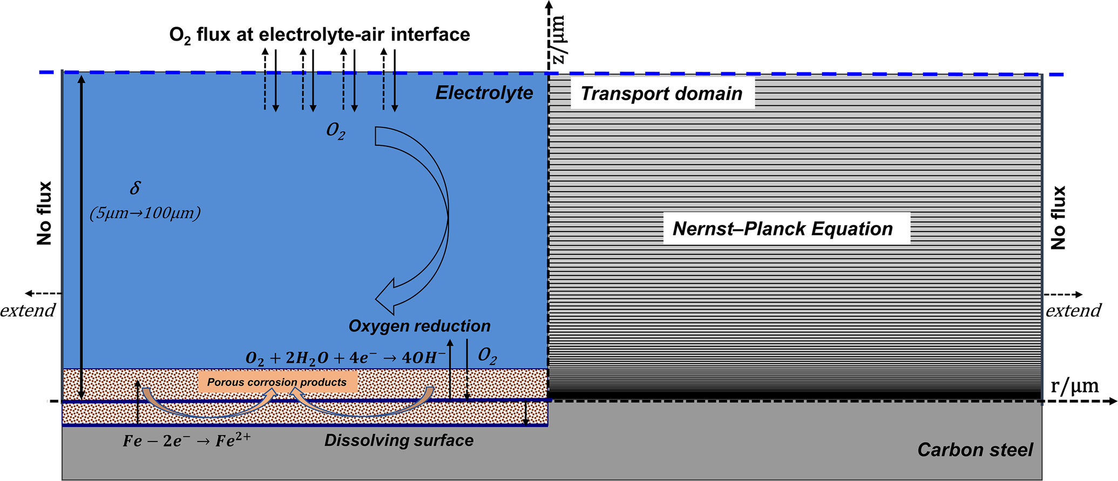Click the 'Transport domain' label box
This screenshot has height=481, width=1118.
pos(662,93)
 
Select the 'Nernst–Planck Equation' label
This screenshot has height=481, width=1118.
pos(783,228)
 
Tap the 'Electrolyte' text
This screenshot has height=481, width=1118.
pos(484,93)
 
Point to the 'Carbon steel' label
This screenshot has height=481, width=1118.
pos(975,450)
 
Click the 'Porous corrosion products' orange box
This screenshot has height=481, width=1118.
pos(277,382)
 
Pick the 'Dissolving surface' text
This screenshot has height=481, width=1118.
pos(398,441)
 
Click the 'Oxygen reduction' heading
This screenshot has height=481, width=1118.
pos(419,326)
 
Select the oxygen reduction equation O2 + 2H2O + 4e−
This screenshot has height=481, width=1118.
pos(345,358)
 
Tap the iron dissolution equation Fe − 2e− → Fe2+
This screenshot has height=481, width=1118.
pos(186,441)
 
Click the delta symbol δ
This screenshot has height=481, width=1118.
pos(135,188)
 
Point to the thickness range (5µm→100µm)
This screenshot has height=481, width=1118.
pos(145,213)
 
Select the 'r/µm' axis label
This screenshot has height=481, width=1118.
pos(1074,386)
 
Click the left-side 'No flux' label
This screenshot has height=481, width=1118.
pos(44,213)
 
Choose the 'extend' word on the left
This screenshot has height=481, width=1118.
pos(28,310)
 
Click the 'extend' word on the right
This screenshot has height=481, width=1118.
pos(1073,310)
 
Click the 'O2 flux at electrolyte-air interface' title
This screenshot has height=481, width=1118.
pos(320,35)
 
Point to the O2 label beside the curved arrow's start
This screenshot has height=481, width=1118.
pos(336,131)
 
